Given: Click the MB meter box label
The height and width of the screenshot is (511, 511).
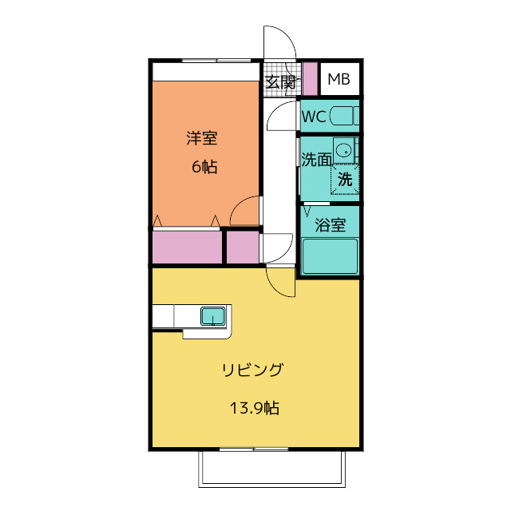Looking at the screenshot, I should tap(339, 79).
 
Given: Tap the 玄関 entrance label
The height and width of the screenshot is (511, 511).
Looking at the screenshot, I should tap(280, 81).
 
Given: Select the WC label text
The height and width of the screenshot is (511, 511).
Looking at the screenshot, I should tap(314, 117).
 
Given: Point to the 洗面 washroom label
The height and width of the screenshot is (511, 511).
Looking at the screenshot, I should tap(316, 159).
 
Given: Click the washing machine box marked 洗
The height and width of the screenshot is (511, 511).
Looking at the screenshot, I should tap(346, 179).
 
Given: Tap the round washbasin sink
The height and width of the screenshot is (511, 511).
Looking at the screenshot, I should tap(344, 149).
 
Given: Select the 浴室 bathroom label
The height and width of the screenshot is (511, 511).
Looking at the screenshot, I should tap(330, 224).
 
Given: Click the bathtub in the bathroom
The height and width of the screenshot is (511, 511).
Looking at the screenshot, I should tap(329, 256).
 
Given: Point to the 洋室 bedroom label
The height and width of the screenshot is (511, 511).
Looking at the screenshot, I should tap(202, 138).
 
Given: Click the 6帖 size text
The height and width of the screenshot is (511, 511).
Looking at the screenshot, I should tap(204, 167).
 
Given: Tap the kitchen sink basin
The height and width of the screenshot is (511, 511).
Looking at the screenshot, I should tap(213, 316).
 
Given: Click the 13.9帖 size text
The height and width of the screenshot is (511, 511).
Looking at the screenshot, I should tap(254, 408).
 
